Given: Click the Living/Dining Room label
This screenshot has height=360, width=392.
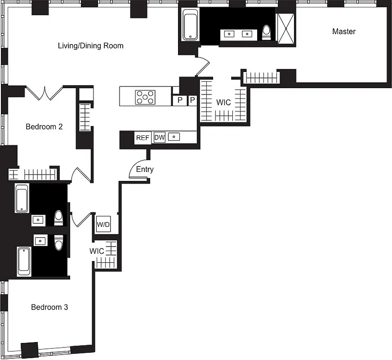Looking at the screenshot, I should point(90,46).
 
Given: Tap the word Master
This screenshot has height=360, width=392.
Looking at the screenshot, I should point(343,31).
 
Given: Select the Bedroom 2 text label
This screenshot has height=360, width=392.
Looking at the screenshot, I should point(44,127).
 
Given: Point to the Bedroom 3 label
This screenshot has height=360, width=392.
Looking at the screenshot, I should point(49,307).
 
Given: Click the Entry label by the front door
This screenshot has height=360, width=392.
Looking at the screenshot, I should point(145,170).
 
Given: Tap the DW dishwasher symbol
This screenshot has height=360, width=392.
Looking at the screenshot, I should point(159,138).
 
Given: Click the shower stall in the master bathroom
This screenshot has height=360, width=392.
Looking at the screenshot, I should point(286,29).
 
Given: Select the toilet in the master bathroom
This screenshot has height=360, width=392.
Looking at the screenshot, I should point(267,32).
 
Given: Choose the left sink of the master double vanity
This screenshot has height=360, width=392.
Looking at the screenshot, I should point(229,34).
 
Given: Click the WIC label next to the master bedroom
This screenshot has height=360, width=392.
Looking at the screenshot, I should point(223,103).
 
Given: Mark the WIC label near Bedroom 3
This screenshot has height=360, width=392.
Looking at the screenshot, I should point(97,250).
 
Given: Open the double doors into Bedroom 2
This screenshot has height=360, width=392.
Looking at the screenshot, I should point(44,93).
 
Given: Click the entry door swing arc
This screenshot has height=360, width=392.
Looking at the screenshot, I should point(137,169).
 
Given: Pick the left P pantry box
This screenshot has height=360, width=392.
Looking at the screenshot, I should point(180,100).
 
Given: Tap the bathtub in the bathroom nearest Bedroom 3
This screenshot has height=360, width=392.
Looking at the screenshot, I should point(24,261).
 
